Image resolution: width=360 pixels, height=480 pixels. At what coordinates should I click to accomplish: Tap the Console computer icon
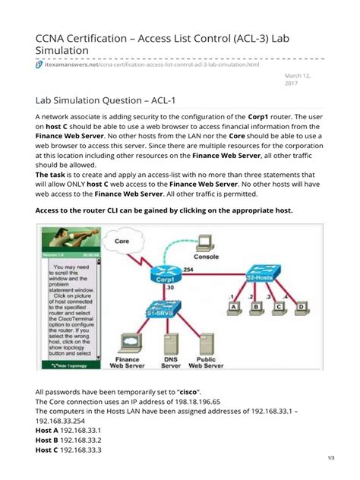(x=204, y=243)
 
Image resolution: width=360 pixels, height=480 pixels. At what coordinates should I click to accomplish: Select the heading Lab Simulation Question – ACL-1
(x=122, y=100)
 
